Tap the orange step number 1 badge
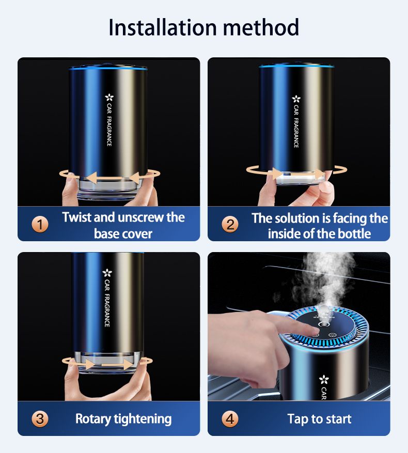pyautogui.click(x=40, y=225)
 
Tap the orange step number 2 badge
pyautogui.click(x=230, y=225)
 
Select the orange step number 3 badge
pyautogui.click(x=40, y=419)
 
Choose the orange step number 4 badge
pyautogui.click(x=230, y=419)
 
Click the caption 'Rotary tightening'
pyautogui.click(x=123, y=419)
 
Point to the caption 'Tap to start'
pyautogui.click(x=319, y=419)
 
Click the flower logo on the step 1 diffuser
pyautogui.click(x=109, y=97)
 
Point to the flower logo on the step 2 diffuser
pyautogui.click(x=296, y=98)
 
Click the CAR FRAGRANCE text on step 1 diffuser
pyautogui.click(x=109, y=124)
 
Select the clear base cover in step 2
pyautogui.click(x=296, y=179)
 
